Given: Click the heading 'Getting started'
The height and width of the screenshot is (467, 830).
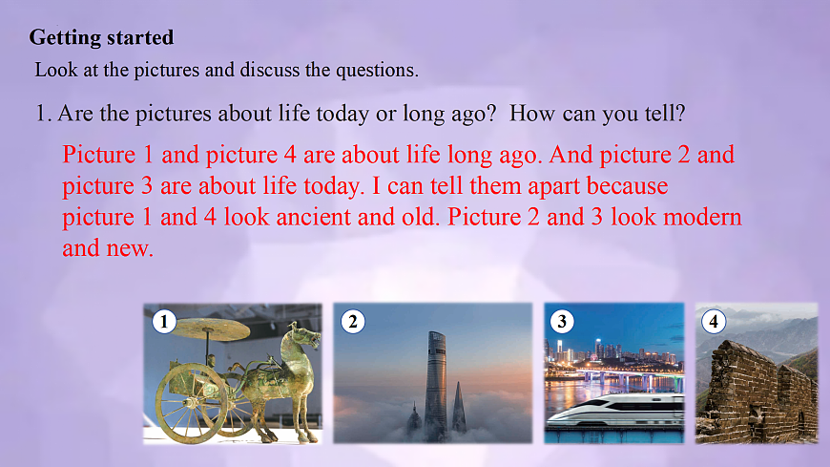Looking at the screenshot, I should [101, 38].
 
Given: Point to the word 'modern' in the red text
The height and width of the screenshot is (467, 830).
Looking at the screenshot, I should [695, 217].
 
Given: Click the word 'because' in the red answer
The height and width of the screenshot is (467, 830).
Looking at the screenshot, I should [625, 184].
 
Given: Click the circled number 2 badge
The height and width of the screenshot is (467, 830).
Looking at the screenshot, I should [353, 322].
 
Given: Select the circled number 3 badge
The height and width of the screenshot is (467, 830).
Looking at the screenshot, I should [563, 322].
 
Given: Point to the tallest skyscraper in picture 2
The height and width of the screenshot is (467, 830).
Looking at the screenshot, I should [435, 382].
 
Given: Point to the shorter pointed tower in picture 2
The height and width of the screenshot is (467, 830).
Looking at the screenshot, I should [460, 409].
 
